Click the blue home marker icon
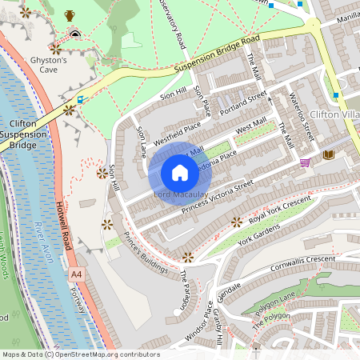point(180,173)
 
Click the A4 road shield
point(76,274)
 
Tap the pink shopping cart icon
point(305,162)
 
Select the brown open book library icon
point(328,154)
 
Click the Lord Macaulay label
point(180,194)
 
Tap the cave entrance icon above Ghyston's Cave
point(75,34)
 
